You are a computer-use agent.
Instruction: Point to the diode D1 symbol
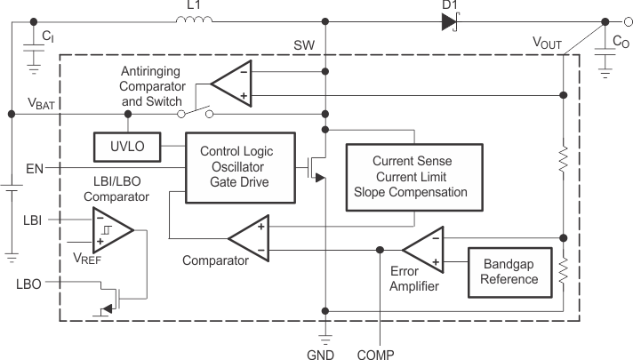pos(448,20)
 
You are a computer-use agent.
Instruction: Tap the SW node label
pos(303,44)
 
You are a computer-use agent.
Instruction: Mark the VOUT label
pos(546,42)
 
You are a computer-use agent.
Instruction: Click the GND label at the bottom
pos(325,351)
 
